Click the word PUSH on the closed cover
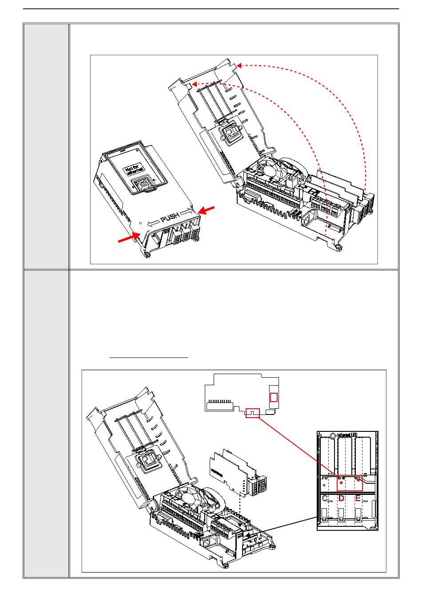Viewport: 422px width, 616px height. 170,218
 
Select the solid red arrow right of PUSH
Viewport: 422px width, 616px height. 207,210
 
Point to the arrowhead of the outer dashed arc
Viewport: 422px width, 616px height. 239,66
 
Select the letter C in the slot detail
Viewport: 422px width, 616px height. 326,498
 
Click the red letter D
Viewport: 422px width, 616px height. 341,498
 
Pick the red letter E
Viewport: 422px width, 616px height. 358,498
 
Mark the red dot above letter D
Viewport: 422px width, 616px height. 341,489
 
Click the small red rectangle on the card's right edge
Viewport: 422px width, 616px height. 274,397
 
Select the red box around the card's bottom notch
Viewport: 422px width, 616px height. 252,413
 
